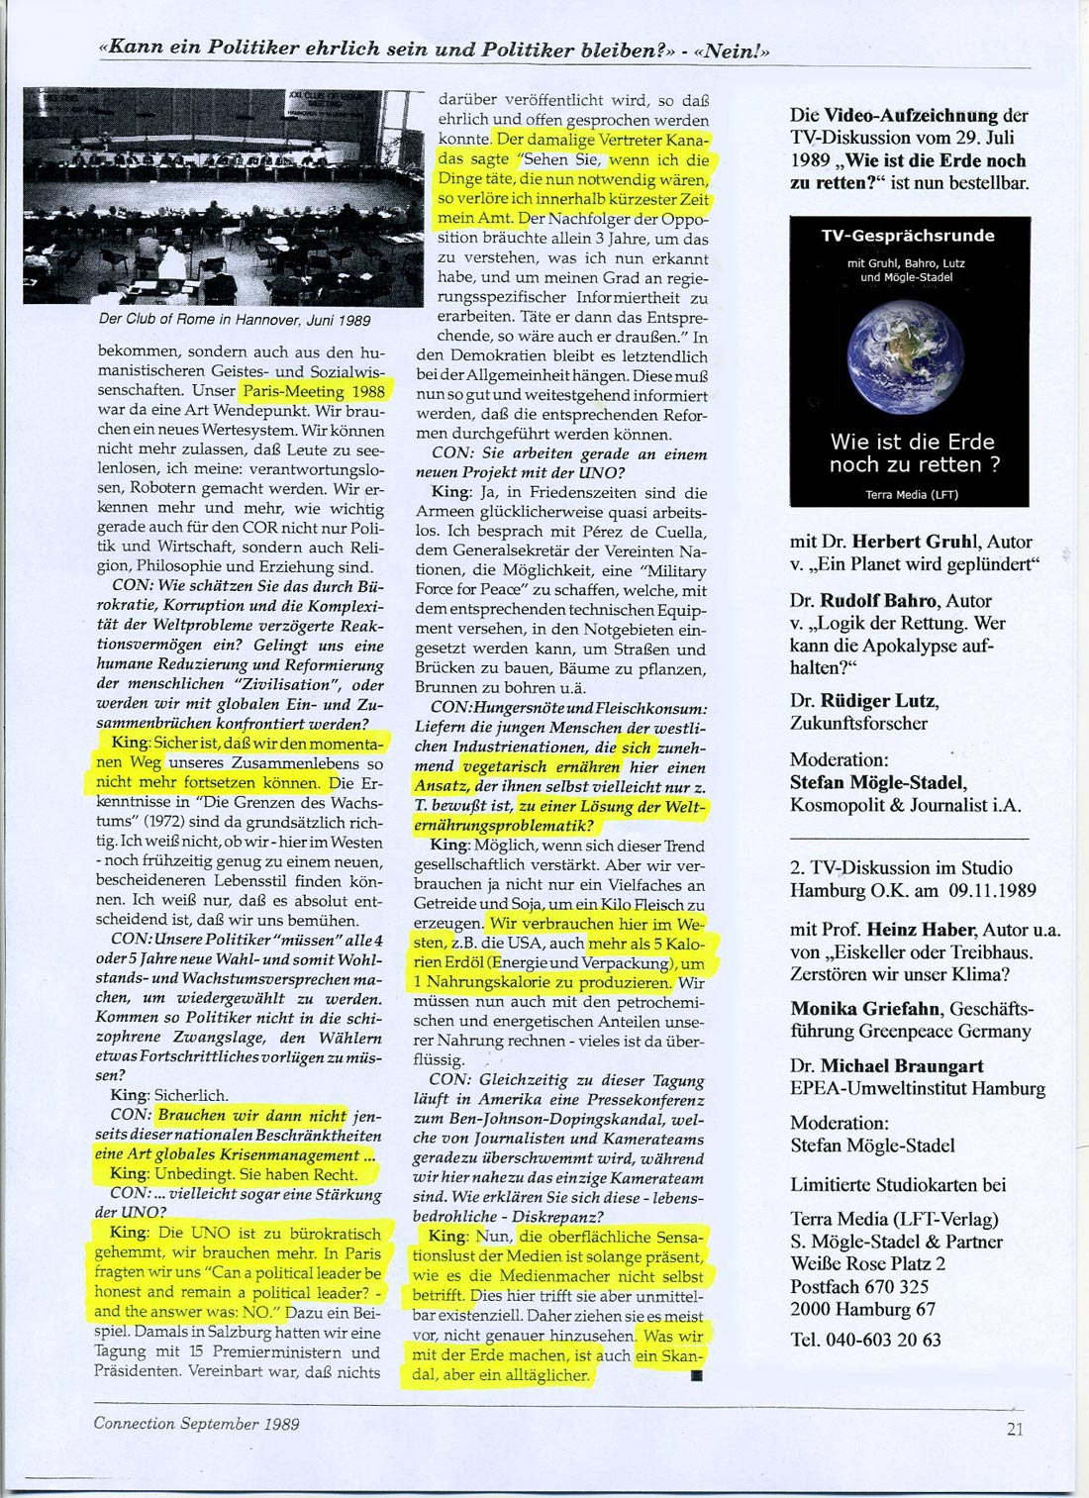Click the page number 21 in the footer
1015,1429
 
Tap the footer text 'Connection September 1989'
196,1424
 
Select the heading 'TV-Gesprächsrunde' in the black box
908,236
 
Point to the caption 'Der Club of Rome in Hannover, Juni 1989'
235,320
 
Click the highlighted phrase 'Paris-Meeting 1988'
314,390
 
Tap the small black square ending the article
696,1375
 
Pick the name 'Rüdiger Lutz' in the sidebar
877,701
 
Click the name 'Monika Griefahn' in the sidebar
866,1009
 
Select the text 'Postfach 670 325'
859,1286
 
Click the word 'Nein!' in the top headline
734,50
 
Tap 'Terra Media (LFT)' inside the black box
911,494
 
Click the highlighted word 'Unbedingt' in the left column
195,1173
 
